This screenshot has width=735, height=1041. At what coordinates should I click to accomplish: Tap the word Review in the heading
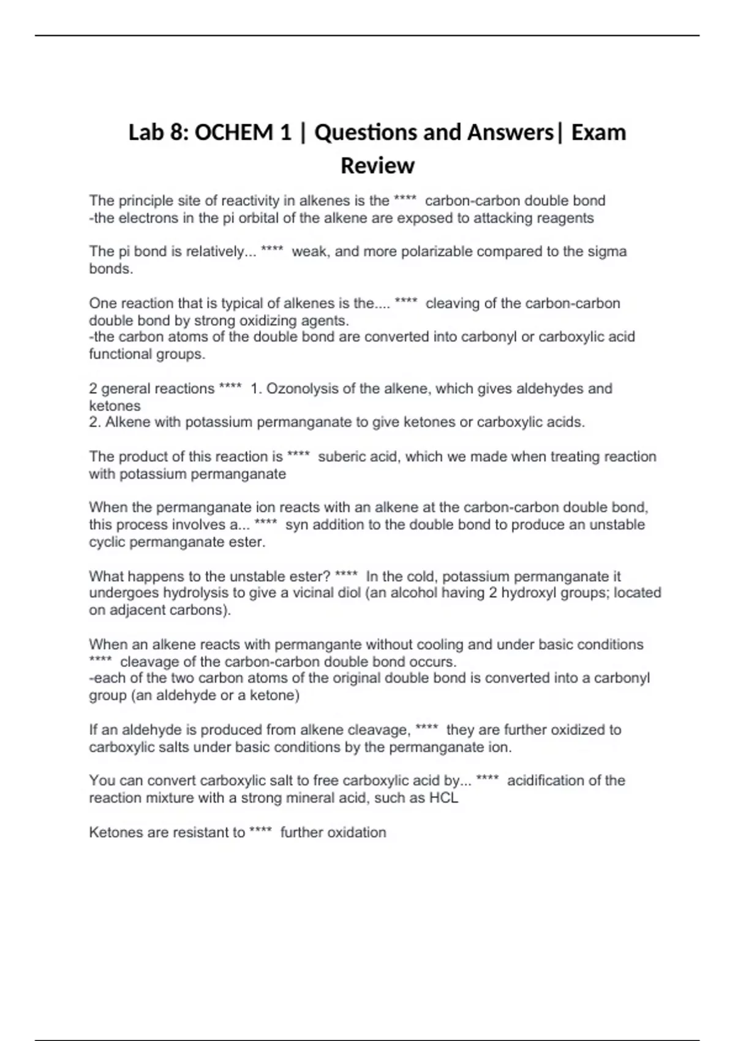[377, 165]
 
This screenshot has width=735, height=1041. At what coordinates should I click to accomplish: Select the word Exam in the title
[598, 133]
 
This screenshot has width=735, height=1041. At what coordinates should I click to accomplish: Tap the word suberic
[341, 457]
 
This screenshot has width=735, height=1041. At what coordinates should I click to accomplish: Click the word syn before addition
[296, 525]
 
